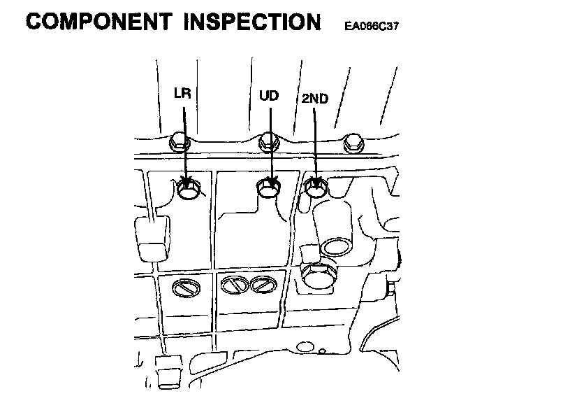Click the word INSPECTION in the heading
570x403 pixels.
pos(252,21)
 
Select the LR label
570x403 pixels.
pos(182,93)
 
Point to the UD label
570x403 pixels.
pos(269,95)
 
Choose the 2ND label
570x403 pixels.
pos(314,99)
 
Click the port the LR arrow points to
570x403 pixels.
pos(189,188)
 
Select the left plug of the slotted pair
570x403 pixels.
pos(232,285)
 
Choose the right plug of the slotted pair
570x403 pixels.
pos(261,285)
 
